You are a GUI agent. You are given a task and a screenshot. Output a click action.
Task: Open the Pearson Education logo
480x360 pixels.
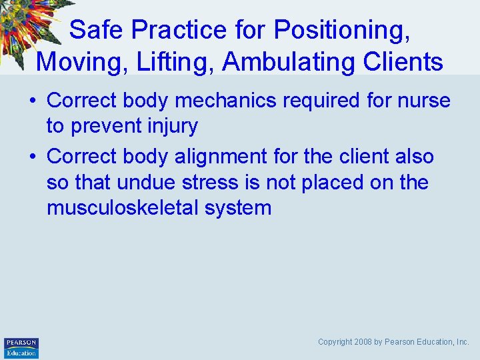pos(21,348)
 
